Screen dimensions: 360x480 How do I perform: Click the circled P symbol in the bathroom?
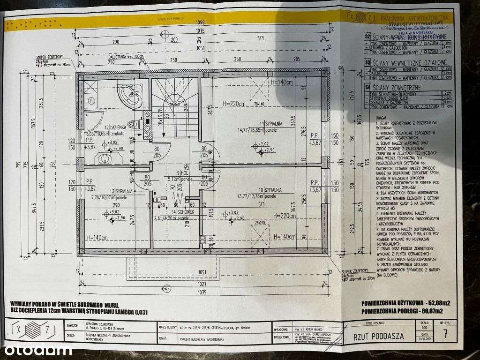point(92,100)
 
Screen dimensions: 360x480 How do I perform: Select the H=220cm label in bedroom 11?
point(233,104)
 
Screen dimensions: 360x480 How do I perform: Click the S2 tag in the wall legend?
point(367,36)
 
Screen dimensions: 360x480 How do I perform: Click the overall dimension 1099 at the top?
point(200,23)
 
